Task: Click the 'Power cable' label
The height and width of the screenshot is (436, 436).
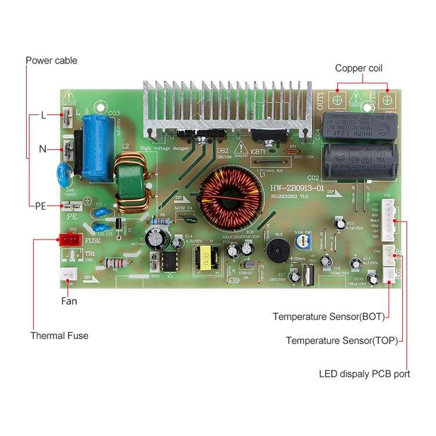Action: (x=51, y=60)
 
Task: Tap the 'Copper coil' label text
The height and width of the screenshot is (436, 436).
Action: (x=359, y=68)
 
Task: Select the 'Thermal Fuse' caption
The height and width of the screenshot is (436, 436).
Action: (x=59, y=335)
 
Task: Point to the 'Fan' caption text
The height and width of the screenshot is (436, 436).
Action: (x=69, y=301)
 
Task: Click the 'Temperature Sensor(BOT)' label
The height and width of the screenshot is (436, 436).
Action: (x=329, y=317)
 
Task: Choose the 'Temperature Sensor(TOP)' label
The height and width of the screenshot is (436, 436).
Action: (x=342, y=341)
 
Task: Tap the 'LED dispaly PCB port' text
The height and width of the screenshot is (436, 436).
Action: (x=364, y=374)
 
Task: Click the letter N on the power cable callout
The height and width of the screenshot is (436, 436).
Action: (x=43, y=149)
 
